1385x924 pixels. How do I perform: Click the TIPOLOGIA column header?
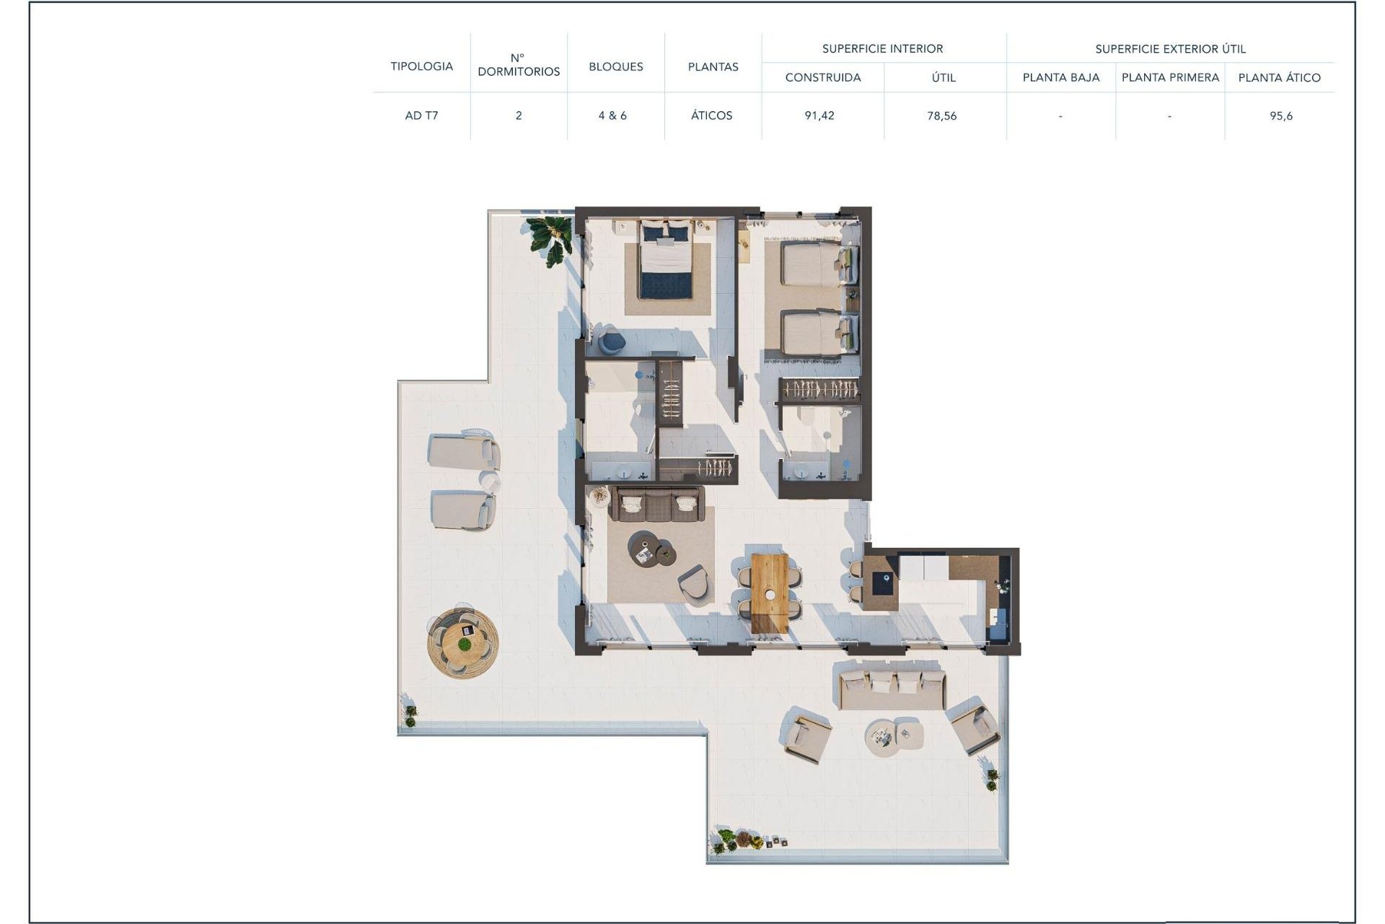[421, 66]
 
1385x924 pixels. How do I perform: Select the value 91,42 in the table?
[819, 115]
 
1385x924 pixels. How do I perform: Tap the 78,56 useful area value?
[942, 115]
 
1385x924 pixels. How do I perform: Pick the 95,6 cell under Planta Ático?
[1281, 115]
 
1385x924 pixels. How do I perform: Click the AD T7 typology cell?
[421, 115]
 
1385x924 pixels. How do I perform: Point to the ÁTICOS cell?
[711, 115]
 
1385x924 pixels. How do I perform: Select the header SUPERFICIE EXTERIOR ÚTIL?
[1170, 49]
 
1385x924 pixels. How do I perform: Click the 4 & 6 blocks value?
[612, 115]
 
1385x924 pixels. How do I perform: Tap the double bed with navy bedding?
[666, 260]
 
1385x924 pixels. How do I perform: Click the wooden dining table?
[770, 593]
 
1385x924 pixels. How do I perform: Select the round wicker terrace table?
[462, 642]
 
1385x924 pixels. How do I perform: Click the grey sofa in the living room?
[656, 504]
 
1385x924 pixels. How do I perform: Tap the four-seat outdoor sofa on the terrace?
[892, 688]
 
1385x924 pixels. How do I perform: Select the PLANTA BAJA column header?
[1060, 78]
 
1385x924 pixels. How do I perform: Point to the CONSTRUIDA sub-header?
[822, 78]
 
